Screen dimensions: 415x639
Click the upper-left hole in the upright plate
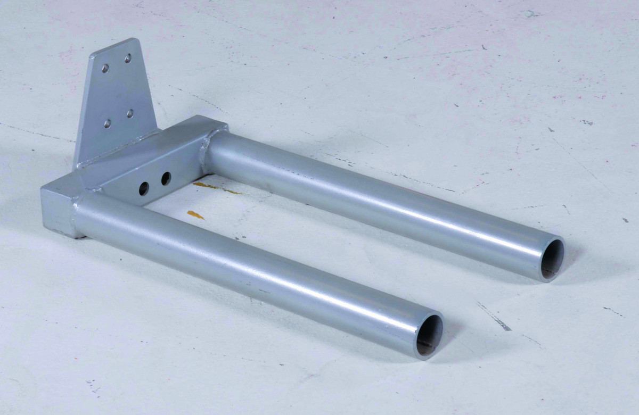click(105, 68)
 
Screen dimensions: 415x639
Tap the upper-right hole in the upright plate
click(128, 58)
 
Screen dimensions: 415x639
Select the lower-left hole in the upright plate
click(107, 123)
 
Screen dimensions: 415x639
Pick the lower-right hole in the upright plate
click(130, 113)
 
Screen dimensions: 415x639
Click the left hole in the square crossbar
click(144, 188)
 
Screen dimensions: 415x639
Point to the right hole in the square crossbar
click(166, 178)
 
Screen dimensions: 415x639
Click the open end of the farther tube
click(552, 259)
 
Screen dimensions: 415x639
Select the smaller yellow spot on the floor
click(195, 214)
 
